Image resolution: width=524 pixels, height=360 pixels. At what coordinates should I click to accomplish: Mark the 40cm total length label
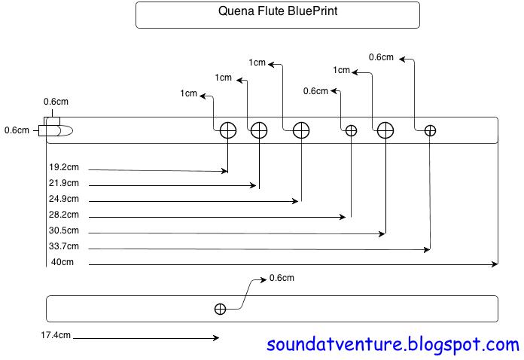point(62,262)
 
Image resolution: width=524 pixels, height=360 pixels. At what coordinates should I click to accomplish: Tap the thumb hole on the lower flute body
point(220,309)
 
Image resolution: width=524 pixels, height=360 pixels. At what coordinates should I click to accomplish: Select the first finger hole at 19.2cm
point(228,130)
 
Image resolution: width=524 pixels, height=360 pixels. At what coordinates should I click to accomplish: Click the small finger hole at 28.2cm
point(351,130)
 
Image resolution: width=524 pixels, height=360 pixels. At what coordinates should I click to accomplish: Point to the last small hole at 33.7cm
point(430,130)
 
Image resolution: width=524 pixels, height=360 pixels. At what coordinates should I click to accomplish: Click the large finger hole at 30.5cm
point(385,130)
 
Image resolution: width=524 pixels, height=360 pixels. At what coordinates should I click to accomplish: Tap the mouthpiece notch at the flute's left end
point(56,130)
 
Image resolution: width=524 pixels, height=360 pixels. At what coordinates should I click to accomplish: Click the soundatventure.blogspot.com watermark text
point(393,345)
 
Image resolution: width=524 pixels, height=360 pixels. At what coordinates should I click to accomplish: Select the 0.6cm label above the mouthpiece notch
point(56,102)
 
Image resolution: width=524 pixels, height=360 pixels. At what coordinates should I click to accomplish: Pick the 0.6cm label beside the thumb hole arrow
point(282,278)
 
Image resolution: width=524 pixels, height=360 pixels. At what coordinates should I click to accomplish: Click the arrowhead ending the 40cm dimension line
point(495,264)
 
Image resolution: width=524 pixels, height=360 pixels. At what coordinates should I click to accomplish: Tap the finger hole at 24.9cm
point(301,130)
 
